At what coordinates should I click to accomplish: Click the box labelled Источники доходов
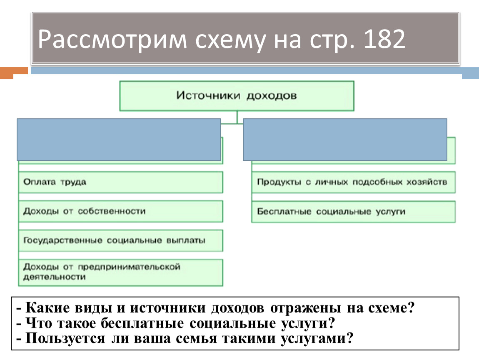tap(237, 96)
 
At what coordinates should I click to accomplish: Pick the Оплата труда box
tap(120, 182)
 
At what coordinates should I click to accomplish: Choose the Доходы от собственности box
tap(120, 211)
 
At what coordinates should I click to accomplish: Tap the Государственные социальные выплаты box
tap(120, 240)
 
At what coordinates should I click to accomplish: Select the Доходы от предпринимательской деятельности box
tap(120, 272)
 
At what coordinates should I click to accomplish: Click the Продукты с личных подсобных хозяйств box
tap(353, 182)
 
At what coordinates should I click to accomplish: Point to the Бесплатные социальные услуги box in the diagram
tap(353, 211)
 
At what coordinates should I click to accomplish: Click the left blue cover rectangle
tap(119, 140)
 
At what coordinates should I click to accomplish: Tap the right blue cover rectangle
tap(345, 140)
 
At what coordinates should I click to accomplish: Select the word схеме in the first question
tap(389, 309)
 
